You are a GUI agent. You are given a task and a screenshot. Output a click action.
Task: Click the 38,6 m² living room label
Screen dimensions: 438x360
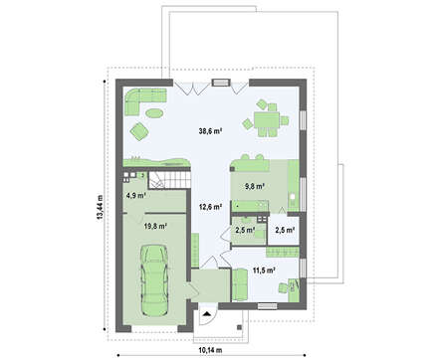(210, 131)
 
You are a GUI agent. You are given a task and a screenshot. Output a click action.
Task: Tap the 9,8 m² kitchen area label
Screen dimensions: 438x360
(255, 186)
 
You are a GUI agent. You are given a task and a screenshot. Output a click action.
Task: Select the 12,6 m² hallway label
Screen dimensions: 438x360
(210, 207)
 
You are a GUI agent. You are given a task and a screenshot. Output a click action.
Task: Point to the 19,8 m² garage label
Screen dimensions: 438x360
(155, 226)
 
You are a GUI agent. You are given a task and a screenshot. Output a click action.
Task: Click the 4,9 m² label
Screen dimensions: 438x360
(136, 195)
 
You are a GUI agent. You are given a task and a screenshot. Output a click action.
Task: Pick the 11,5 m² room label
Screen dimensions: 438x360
(265, 270)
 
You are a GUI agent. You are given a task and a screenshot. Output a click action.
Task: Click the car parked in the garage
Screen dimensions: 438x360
(154, 280)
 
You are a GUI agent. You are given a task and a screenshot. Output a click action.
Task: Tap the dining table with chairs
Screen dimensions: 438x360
(266, 118)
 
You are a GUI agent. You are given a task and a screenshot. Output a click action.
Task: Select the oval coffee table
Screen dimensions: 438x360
(154, 112)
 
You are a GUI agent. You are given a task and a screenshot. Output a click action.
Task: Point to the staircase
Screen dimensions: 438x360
(169, 179)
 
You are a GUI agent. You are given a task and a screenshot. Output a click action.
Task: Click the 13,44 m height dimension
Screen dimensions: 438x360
(100, 207)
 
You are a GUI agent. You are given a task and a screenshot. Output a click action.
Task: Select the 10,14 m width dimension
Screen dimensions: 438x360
(210, 350)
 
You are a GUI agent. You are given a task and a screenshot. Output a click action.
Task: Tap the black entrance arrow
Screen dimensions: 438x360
(207, 314)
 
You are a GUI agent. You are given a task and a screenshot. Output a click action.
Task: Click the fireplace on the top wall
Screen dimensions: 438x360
(221, 83)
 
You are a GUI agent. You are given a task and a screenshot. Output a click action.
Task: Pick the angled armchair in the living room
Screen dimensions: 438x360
(138, 130)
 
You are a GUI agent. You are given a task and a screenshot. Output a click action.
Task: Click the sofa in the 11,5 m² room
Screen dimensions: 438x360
(240, 285)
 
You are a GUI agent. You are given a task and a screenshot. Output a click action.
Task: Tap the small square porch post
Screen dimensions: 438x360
(239, 327)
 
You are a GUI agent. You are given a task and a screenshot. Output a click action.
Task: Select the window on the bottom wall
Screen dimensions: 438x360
(267, 306)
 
